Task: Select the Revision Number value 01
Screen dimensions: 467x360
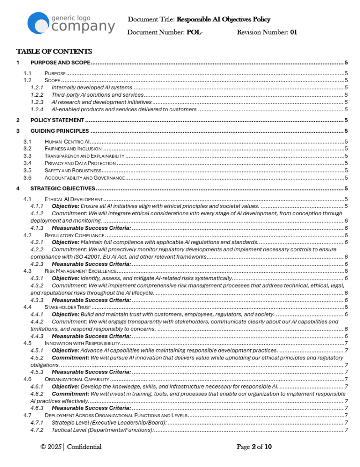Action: coord(293,32)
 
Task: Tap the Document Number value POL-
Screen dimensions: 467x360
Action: coord(195,32)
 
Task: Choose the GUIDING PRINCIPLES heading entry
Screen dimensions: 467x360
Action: coord(59,131)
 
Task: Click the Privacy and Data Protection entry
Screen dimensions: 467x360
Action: coord(80,163)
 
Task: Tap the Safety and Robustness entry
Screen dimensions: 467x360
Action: coord(73,170)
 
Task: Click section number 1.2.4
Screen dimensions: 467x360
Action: coord(37,109)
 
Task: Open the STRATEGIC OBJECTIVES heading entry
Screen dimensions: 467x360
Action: coord(63,188)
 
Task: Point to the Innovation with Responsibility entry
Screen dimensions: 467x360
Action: coord(82,343)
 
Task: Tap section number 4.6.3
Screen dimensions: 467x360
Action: coord(37,408)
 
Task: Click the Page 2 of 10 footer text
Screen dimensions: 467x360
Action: coord(254,447)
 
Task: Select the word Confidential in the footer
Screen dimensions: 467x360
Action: coord(84,447)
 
